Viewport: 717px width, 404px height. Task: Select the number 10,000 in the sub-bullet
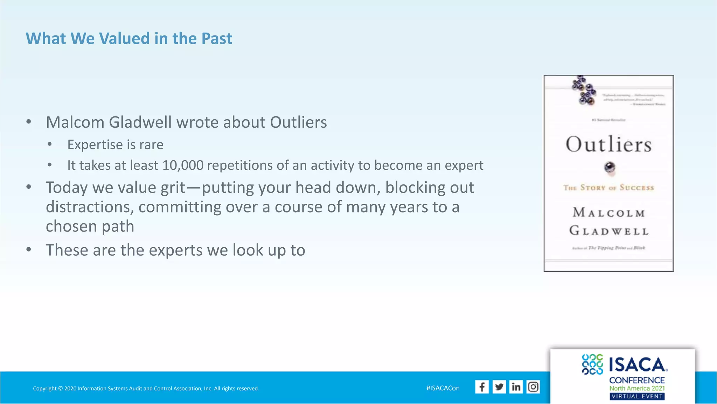click(x=183, y=165)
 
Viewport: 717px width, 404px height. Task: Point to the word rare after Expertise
click(x=151, y=145)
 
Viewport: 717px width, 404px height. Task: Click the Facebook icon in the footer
click(x=482, y=387)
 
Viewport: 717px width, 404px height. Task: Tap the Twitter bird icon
click(x=499, y=387)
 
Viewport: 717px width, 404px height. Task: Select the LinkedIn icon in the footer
click(x=516, y=387)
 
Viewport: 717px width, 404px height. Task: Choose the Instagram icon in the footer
click(x=533, y=387)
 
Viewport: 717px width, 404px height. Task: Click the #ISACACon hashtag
click(x=443, y=388)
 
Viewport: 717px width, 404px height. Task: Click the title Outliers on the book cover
click(x=608, y=144)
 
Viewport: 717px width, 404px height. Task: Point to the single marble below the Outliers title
click(x=610, y=167)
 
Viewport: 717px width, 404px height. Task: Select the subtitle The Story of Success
click(x=608, y=188)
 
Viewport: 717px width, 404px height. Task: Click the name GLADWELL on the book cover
click(x=609, y=231)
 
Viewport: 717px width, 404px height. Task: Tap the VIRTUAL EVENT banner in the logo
click(x=637, y=396)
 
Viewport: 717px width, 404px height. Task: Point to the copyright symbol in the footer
click(x=60, y=389)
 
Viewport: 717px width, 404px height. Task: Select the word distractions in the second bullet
click(x=90, y=207)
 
